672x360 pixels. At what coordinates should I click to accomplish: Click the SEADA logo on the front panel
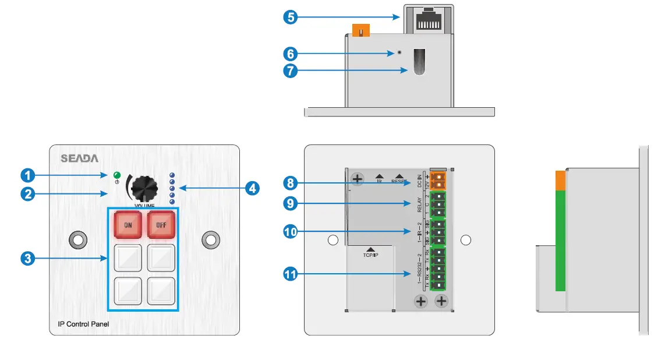click(80, 158)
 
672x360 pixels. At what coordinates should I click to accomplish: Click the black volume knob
click(144, 188)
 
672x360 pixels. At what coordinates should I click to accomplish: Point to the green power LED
click(116, 175)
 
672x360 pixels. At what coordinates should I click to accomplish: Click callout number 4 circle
click(252, 188)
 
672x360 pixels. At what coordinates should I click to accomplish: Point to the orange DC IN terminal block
click(440, 181)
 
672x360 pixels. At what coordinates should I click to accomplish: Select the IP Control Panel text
click(83, 324)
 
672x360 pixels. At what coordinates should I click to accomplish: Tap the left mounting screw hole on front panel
click(77, 239)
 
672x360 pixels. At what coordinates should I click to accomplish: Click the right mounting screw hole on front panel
click(210, 239)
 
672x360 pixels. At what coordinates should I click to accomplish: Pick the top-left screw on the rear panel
click(357, 179)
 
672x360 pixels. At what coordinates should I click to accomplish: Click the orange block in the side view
click(560, 181)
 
